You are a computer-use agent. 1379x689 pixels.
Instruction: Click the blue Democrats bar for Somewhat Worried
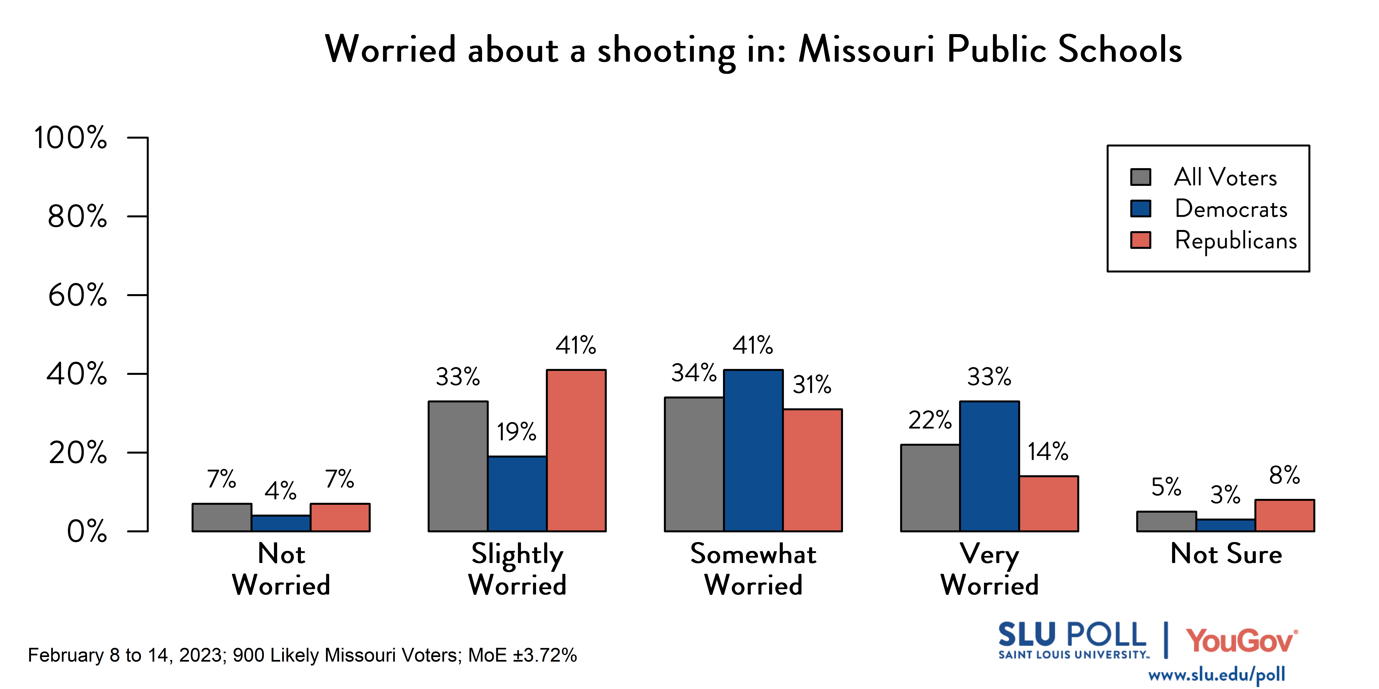[x=753, y=450]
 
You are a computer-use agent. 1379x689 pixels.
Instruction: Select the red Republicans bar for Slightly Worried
[x=576, y=450]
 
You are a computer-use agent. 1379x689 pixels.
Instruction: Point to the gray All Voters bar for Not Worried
[x=222, y=517]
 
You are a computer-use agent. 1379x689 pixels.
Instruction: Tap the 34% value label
[x=694, y=373]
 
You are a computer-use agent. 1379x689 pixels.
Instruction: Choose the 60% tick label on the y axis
[x=78, y=295]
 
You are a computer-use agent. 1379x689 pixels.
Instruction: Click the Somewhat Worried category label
[x=753, y=569]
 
